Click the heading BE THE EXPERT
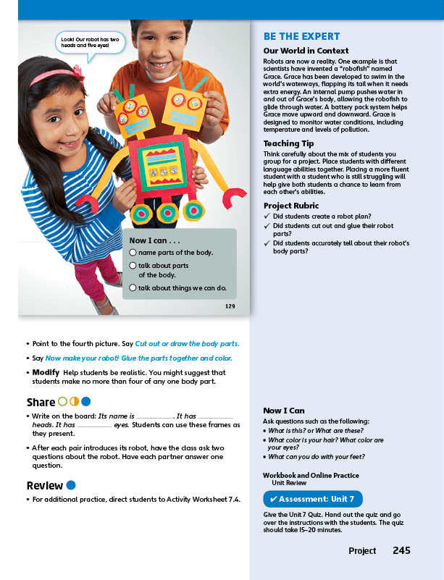(x=301, y=36)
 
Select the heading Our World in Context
(x=306, y=51)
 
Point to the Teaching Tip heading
(x=288, y=144)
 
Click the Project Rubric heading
(x=293, y=206)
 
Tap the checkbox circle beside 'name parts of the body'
(x=133, y=252)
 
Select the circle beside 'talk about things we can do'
(x=133, y=288)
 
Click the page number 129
(x=230, y=307)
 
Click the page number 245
(x=401, y=551)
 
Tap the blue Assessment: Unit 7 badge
(x=312, y=500)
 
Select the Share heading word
(x=41, y=402)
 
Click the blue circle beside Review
(x=71, y=485)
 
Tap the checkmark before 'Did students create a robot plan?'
(x=267, y=217)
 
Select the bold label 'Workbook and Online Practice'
(x=311, y=476)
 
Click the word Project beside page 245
(x=362, y=551)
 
